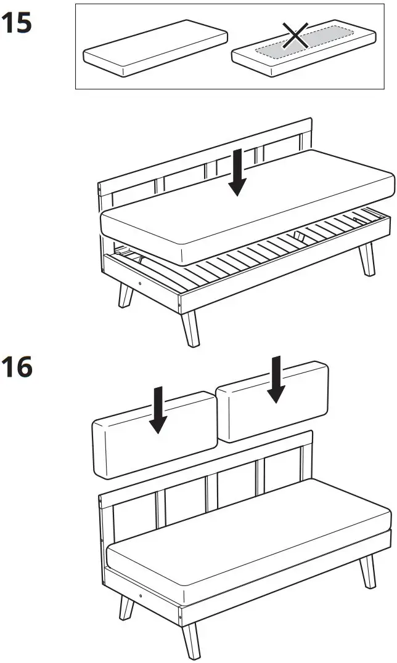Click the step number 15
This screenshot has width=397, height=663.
(x=17, y=23)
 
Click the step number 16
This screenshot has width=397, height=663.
(x=17, y=367)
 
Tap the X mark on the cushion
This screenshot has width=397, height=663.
(x=295, y=35)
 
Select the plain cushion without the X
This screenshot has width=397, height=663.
(x=155, y=48)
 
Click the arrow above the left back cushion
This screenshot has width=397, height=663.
(x=158, y=410)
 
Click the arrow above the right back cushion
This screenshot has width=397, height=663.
(x=276, y=379)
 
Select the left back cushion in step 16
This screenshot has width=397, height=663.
(x=155, y=435)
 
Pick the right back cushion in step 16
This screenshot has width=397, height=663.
(x=272, y=401)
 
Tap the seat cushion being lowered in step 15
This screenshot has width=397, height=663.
(x=248, y=207)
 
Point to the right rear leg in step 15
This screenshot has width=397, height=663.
(x=367, y=259)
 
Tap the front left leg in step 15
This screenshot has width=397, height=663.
(x=126, y=295)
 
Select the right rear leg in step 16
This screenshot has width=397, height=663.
(x=368, y=571)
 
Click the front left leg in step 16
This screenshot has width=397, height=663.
(x=126, y=608)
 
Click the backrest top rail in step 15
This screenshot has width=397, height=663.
(x=205, y=153)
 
